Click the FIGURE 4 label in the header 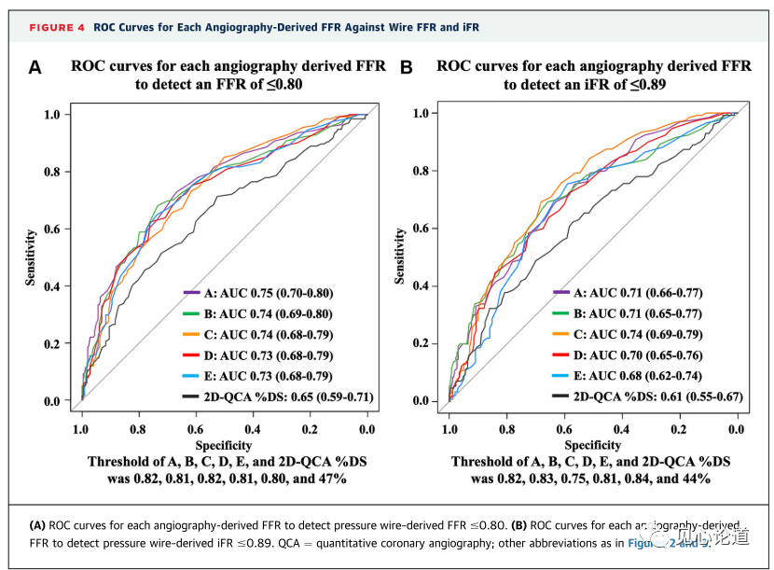coord(57,28)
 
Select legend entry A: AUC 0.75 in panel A coord(257,293)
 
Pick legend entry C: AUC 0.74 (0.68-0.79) coord(257,335)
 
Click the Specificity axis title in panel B coord(593,445)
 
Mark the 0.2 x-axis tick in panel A coord(310,429)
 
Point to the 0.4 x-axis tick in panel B coord(621,429)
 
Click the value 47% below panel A coord(331,479)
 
